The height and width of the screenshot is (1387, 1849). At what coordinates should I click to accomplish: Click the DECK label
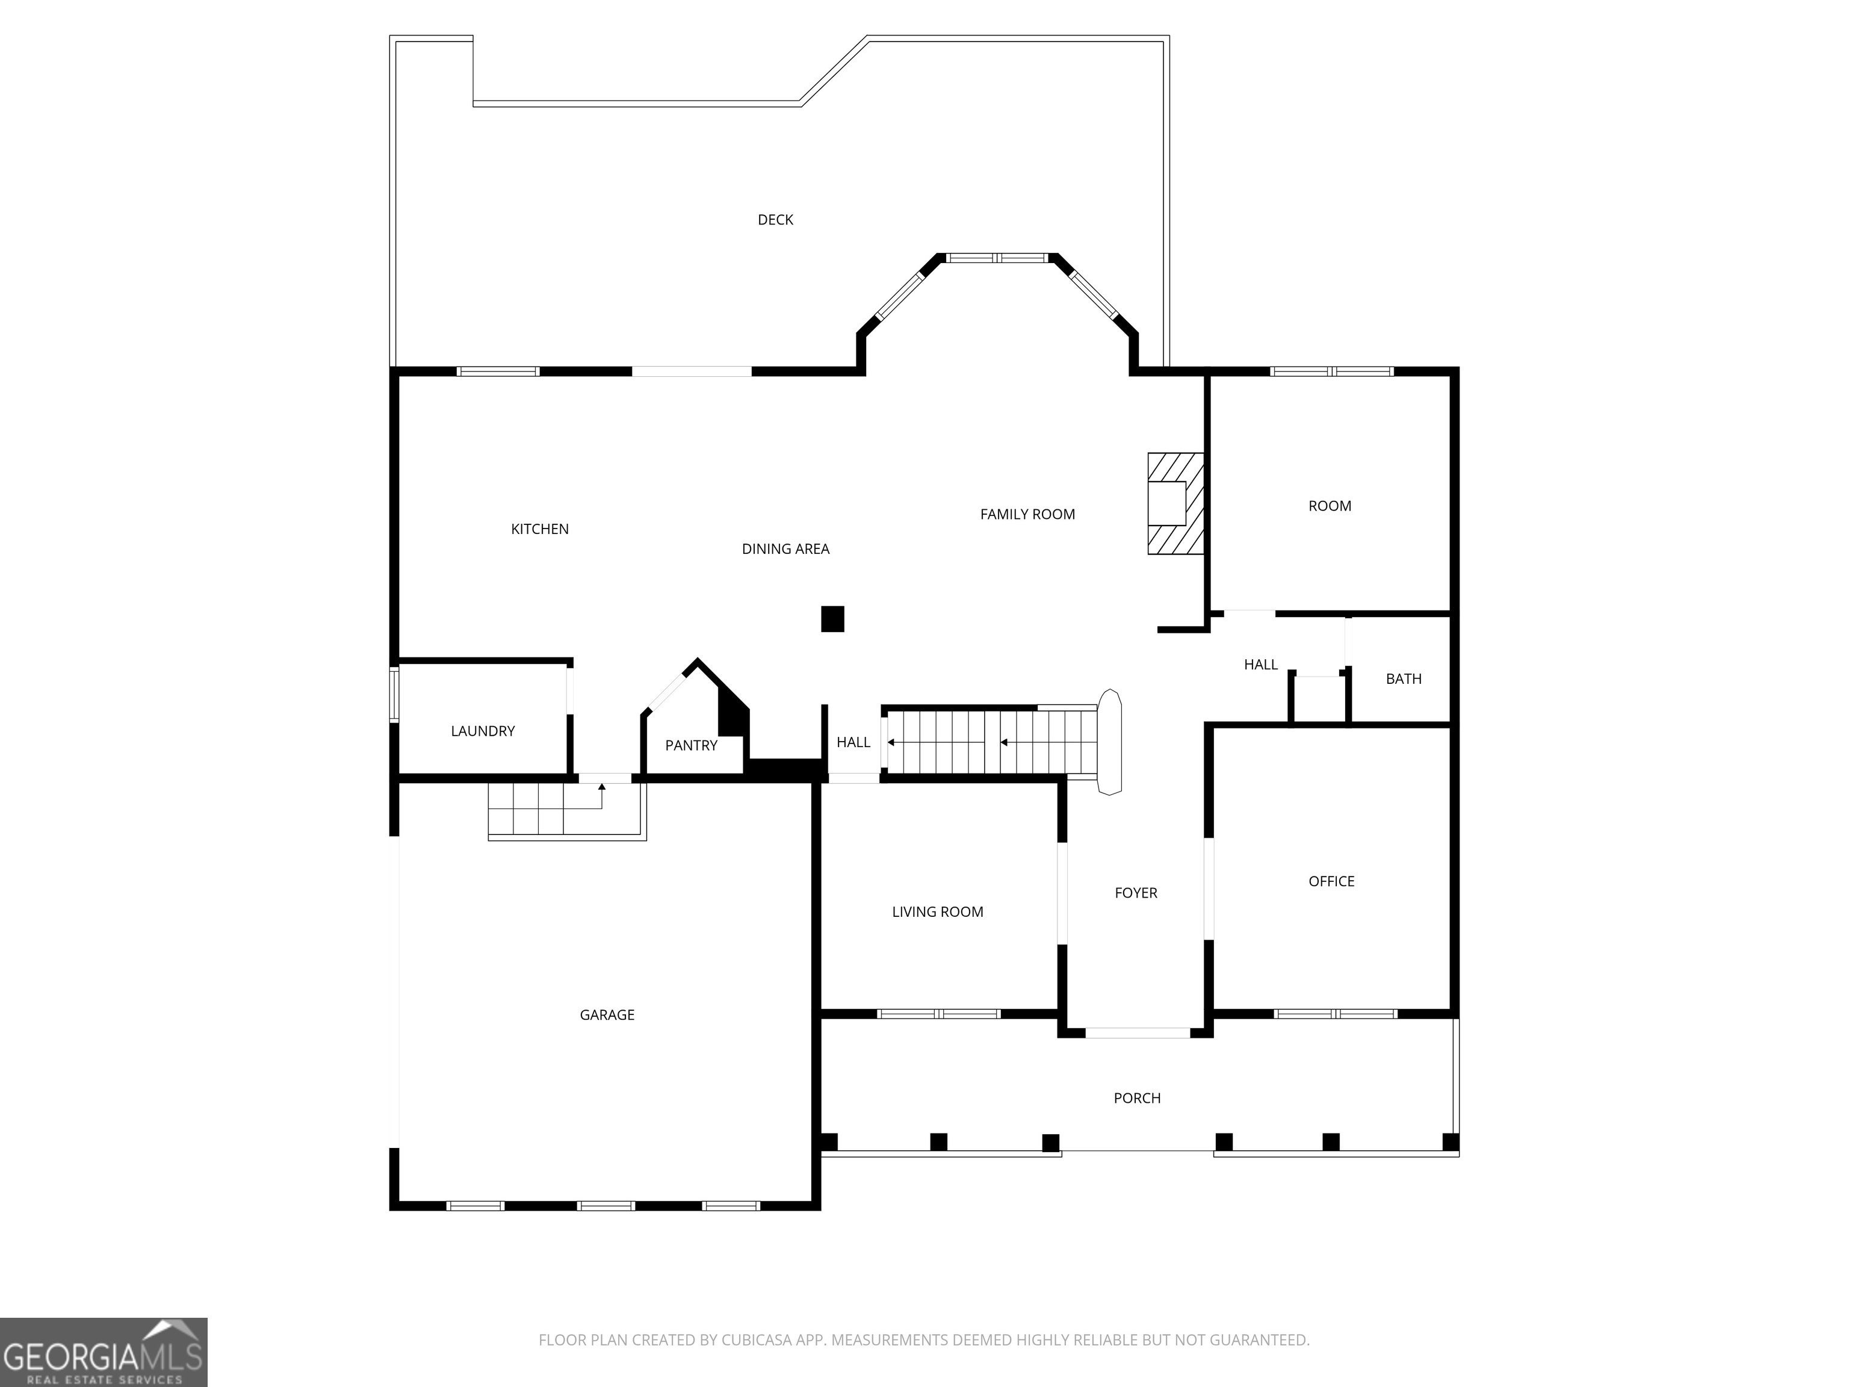coord(775,220)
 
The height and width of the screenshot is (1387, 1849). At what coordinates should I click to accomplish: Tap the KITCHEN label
coord(540,529)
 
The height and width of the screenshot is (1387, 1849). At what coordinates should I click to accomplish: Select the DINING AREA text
coord(785,549)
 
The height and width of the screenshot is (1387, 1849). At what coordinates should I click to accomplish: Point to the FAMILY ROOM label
coord(1027,514)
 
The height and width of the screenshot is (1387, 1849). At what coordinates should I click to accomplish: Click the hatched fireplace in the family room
coord(1175,504)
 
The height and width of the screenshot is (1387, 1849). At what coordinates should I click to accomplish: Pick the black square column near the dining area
coord(832,619)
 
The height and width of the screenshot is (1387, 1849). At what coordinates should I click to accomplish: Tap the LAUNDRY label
coord(482,731)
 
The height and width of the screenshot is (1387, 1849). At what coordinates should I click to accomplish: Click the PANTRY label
coord(692,746)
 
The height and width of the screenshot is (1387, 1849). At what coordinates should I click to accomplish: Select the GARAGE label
coord(607,1015)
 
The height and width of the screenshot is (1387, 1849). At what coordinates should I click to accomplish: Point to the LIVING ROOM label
coord(937,912)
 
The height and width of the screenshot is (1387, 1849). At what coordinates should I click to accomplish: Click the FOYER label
coord(1136,893)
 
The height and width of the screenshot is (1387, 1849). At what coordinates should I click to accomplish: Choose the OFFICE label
coord(1331,881)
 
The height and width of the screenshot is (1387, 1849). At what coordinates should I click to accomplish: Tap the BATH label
coord(1404,679)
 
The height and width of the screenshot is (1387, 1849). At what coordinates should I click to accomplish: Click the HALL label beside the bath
coord(1260,665)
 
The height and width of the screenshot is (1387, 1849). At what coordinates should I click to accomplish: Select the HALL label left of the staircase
coord(853,742)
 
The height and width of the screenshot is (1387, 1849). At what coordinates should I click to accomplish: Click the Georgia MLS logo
coord(104,1352)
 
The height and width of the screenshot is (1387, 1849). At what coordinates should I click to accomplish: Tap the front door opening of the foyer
coord(1138,1032)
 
